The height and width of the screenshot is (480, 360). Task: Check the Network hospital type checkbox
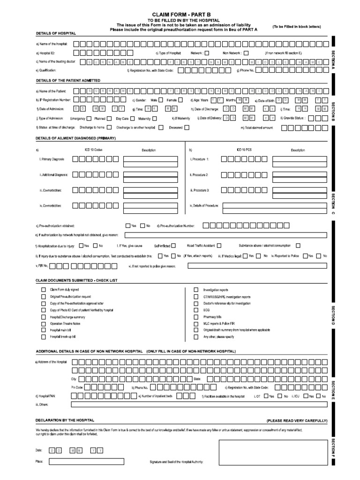(x=207, y=53)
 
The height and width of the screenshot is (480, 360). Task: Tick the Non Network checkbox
(x=246, y=53)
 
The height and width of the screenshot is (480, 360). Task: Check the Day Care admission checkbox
(x=132, y=119)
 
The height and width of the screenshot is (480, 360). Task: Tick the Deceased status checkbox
(x=187, y=127)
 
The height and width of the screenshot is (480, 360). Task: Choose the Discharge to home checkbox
(x=109, y=127)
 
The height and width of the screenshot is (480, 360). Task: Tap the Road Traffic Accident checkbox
(x=219, y=245)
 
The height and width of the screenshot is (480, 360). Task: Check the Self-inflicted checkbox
(x=173, y=245)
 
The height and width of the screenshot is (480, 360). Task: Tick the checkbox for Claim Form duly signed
(x=44, y=290)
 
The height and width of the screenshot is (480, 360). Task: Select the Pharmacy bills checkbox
(x=196, y=317)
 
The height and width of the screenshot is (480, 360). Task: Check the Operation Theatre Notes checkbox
(x=44, y=323)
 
